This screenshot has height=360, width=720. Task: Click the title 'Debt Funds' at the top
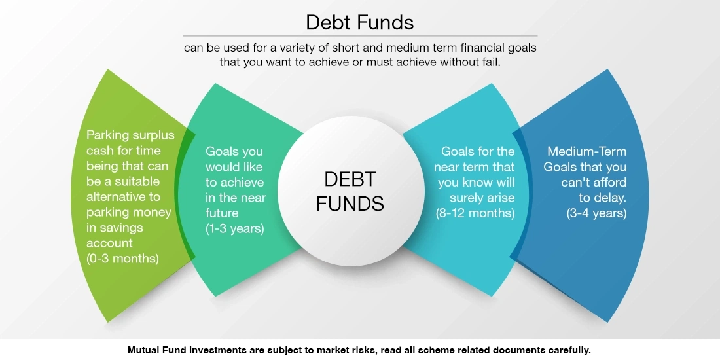coord(359,22)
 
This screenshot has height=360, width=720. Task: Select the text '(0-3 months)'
coord(122,258)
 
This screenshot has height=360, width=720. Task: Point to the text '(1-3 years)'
coord(234,228)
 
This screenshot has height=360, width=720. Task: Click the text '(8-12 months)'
coord(475,213)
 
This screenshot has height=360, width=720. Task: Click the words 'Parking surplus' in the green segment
coord(130,135)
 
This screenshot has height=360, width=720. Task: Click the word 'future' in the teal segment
coord(222,213)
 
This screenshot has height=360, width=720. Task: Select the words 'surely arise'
coord(481,198)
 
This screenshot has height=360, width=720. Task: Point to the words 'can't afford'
coord(594,182)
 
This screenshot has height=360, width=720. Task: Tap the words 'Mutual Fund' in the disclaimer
coord(154,350)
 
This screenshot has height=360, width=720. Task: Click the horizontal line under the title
coord(359,35)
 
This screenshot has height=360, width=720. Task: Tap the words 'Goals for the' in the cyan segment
coord(478,151)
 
